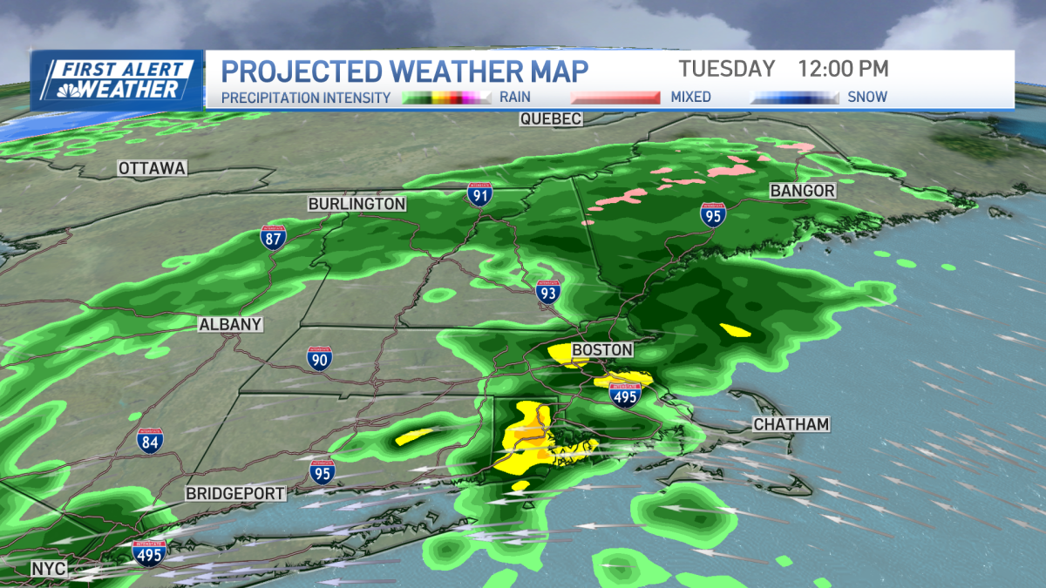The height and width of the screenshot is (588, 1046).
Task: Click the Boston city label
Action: [x=601, y=350]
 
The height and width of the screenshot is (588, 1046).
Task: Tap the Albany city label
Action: [x=230, y=324]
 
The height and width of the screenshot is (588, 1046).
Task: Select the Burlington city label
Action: [x=357, y=204]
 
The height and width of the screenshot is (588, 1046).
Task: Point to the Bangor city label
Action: [x=803, y=190]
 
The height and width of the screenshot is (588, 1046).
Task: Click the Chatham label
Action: [x=791, y=424]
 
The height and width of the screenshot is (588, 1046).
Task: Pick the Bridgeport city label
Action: [x=235, y=494]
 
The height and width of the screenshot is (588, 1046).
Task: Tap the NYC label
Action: [x=49, y=569]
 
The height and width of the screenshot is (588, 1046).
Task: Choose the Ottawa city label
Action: [x=153, y=168]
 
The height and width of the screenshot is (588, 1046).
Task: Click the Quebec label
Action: [x=550, y=119]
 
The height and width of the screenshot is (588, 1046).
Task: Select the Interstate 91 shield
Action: [x=479, y=193]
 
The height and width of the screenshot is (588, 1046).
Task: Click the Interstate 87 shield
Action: [x=273, y=237]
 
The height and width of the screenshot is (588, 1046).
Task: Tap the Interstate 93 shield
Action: [x=547, y=294]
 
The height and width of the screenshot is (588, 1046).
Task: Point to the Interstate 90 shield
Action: [x=319, y=357]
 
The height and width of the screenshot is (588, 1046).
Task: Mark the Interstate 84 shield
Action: [x=150, y=441]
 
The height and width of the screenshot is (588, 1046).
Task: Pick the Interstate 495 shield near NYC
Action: [x=149, y=552]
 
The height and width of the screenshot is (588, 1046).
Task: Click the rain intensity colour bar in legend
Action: [x=448, y=98]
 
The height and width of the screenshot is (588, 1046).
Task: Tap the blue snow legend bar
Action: [x=794, y=98]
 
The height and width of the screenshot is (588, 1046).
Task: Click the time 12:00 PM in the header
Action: [x=842, y=69]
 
